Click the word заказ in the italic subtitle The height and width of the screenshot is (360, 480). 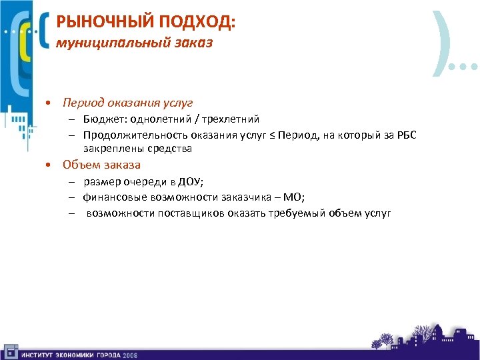coord(192,44)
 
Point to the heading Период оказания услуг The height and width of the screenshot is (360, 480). coord(127,103)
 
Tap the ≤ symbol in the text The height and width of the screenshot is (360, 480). coord(270,134)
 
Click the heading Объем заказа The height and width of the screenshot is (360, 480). coord(101,164)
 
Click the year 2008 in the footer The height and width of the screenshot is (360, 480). coord(129,355)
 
